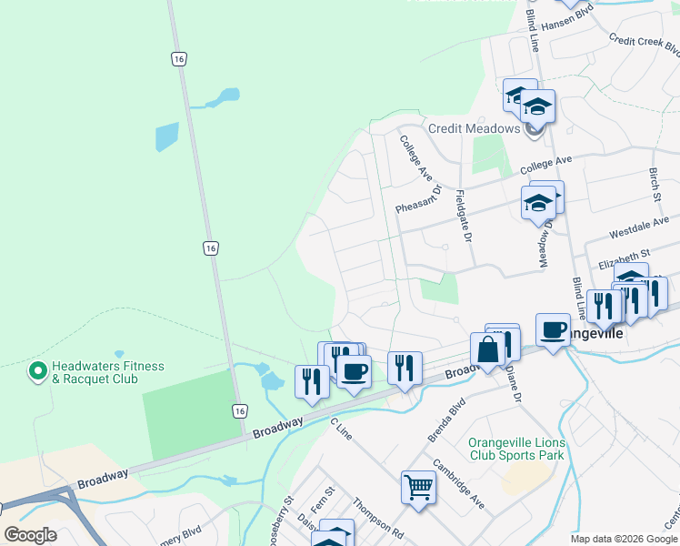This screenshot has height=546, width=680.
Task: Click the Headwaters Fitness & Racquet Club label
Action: pyautogui.click(x=108, y=372)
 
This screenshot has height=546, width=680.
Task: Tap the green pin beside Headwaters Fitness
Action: pyautogui.click(x=37, y=371)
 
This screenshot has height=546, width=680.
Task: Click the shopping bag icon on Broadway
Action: pyautogui.click(x=487, y=349)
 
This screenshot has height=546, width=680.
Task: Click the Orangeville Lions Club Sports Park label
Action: pyautogui.click(x=516, y=449)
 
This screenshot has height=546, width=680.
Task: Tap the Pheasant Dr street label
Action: pyautogui.click(x=418, y=200)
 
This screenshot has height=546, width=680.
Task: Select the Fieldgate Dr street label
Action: pyautogui.click(x=463, y=216)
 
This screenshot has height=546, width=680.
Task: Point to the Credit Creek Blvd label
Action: pyautogui.click(x=645, y=45)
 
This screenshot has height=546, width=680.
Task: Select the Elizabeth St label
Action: pyautogui.click(x=625, y=259)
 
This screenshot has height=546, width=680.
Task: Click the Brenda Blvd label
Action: pyautogui.click(x=446, y=420)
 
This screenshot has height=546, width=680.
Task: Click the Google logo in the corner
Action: pyautogui.click(x=30, y=535)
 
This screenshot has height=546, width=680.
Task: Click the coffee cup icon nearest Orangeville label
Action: pyautogui.click(x=553, y=330)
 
